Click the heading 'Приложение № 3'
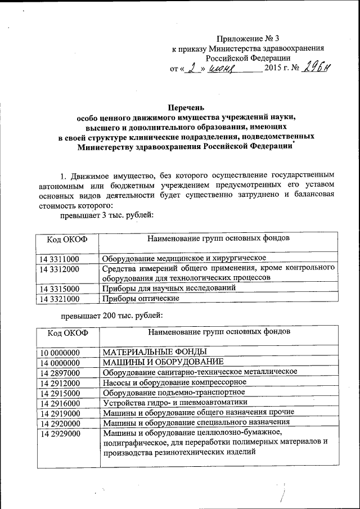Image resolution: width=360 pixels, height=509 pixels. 248,39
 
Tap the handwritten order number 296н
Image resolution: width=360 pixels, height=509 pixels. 317,68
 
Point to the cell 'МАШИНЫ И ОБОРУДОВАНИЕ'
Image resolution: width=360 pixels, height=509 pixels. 163,362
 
